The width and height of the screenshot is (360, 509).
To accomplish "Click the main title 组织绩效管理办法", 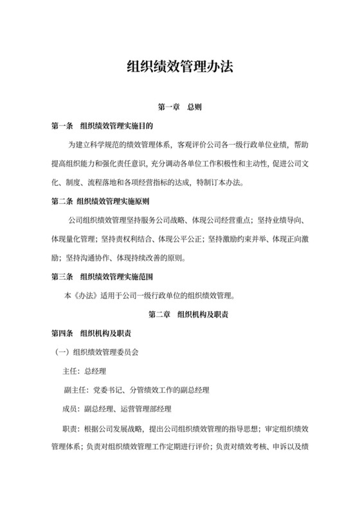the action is (179, 66).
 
